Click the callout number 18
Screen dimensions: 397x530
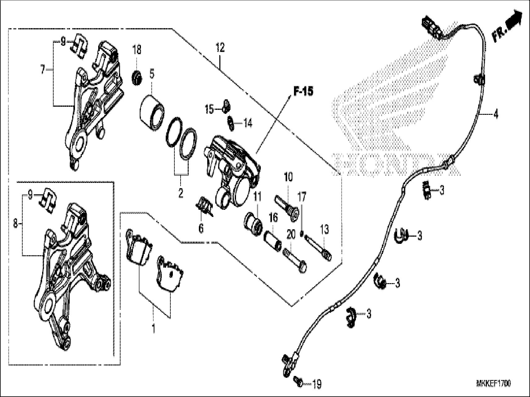(x=137, y=49)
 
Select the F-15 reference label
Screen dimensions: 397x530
(x=303, y=91)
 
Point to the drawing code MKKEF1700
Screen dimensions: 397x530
(x=493, y=384)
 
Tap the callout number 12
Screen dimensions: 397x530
(x=220, y=48)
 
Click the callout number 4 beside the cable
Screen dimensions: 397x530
(x=496, y=114)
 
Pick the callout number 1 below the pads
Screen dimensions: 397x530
(x=153, y=329)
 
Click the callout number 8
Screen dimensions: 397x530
(x=15, y=223)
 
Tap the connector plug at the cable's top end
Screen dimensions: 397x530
(x=431, y=27)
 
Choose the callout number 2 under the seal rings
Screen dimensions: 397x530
(x=181, y=194)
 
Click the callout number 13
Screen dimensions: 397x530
(x=324, y=230)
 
